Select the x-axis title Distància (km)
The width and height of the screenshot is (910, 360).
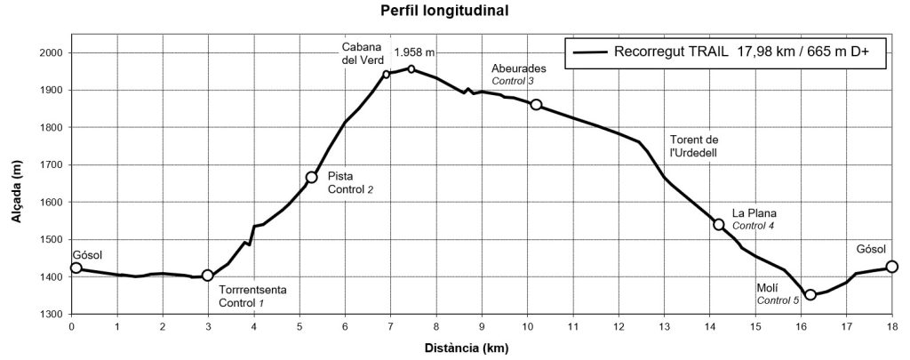point(481,348)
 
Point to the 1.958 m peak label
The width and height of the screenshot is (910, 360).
point(414,52)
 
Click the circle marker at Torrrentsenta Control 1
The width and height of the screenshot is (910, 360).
point(208,276)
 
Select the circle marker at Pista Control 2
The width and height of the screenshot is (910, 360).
point(312,178)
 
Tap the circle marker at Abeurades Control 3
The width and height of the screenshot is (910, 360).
point(536,105)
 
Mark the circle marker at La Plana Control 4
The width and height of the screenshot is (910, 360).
point(719,224)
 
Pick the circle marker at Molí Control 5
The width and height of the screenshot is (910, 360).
point(810,294)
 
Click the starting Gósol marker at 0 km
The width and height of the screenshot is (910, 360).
point(76,268)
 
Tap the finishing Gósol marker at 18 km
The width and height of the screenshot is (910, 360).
point(892,267)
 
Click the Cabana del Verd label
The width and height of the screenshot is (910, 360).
point(362,53)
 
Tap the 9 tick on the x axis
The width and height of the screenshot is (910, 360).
point(482,326)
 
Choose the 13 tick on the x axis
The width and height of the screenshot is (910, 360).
point(664,326)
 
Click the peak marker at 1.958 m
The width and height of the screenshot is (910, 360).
point(411,68)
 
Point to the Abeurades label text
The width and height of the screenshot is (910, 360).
point(519,68)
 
